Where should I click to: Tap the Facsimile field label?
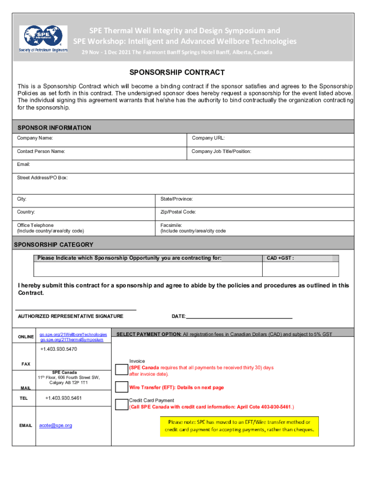coord(193,228)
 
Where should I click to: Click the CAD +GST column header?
coord(280,258)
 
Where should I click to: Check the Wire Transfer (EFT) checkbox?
coord(122,387)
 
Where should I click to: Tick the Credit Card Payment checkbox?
coord(122,404)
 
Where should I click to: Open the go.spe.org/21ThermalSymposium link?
coord(71,340)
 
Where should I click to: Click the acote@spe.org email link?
coord(55,425)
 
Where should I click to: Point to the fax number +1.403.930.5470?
coord(58,349)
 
